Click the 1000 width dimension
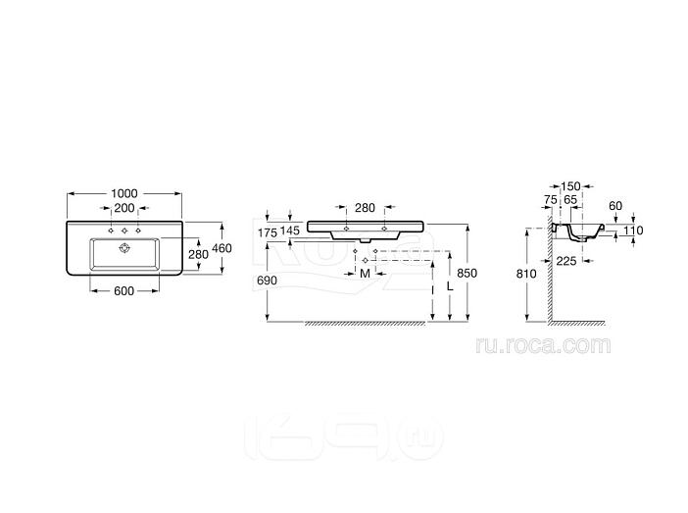[x=124, y=193]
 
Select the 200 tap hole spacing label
[x=124, y=208]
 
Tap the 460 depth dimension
[x=221, y=248]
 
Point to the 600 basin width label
[x=123, y=290]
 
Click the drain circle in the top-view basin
[x=124, y=248]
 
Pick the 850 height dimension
[x=467, y=274]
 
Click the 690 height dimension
[x=267, y=281]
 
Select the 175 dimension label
[x=268, y=232]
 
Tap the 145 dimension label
[x=289, y=231]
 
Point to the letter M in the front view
[x=365, y=274]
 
